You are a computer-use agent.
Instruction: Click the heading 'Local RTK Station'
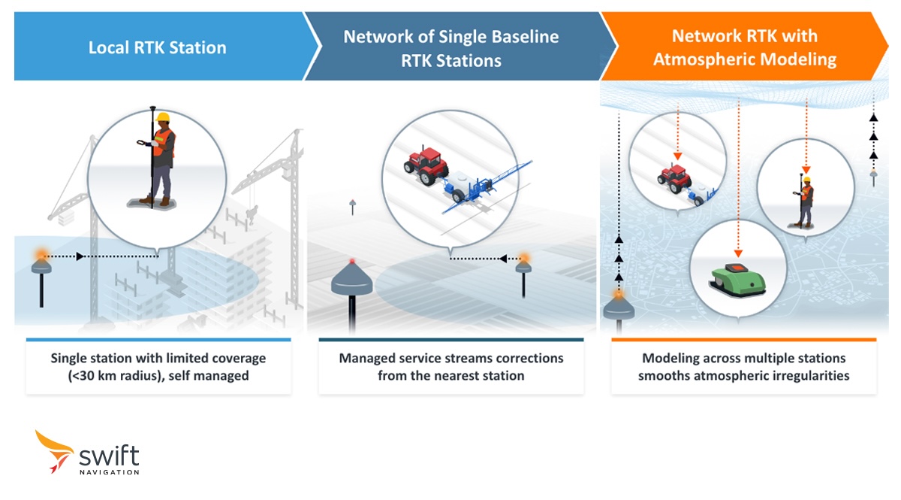(157, 48)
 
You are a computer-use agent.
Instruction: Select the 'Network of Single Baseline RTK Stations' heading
(450, 48)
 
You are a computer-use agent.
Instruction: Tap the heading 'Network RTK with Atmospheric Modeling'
(745, 47)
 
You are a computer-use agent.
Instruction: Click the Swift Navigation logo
(87, 453)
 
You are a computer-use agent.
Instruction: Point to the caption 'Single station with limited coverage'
(158, 359)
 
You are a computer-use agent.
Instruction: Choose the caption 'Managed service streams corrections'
(450, 359)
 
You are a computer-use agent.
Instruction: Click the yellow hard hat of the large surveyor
(163, 118)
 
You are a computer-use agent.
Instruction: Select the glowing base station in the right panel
(619, 305)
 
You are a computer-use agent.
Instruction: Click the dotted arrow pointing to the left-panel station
(105, 257)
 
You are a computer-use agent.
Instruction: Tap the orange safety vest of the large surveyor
(164, 143)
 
